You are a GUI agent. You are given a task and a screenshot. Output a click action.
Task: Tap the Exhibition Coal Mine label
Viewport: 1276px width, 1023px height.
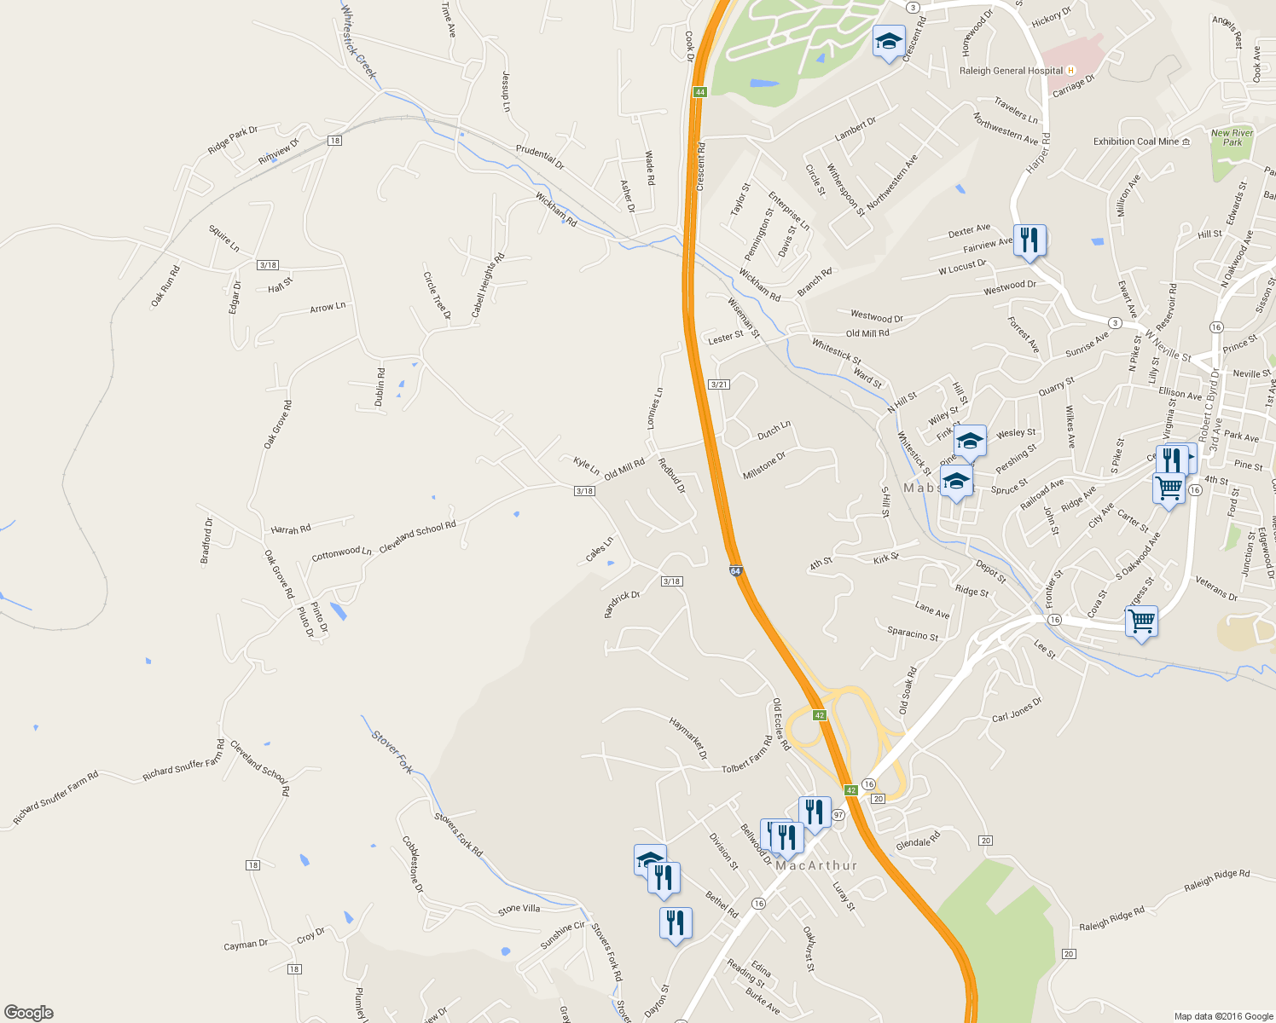pos(1136,142)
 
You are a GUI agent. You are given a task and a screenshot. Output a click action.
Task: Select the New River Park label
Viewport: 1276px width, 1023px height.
pos(1232,137)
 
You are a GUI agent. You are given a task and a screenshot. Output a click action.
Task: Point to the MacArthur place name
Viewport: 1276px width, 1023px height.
pos(816,865)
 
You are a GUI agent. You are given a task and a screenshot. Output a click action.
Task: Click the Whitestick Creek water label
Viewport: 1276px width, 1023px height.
pos(358,42)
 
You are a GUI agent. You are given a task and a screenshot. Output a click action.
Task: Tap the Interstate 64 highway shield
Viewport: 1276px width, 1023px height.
pos(735,570)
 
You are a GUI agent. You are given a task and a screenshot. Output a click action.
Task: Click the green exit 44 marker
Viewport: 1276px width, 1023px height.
pos(699,92)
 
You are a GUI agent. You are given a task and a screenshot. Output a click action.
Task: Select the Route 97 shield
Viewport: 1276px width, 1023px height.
pos(838,815)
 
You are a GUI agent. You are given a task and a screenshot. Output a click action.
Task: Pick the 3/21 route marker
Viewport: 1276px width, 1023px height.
pos(719,384)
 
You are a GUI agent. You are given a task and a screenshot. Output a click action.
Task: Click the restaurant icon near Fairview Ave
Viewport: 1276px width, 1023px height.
pos(1029,240)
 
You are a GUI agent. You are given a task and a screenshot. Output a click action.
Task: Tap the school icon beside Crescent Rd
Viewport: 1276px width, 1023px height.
pos(889,41)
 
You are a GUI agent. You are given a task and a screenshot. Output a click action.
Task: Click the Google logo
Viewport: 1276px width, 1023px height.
pos(29,1012)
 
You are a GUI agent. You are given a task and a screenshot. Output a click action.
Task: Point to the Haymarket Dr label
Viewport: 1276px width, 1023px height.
pos(688,738)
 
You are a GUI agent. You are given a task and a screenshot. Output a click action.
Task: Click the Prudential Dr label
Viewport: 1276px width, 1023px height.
pos(540,156)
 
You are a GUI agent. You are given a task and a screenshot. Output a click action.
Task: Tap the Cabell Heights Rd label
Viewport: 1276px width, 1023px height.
pos(488,285)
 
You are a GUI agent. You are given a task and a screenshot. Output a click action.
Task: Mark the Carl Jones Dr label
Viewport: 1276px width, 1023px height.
pos(1017,711)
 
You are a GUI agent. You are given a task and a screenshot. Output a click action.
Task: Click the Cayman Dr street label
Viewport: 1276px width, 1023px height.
pos(246,945)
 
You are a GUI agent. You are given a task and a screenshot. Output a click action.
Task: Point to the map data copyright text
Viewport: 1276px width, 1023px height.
pos(1223,1016)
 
